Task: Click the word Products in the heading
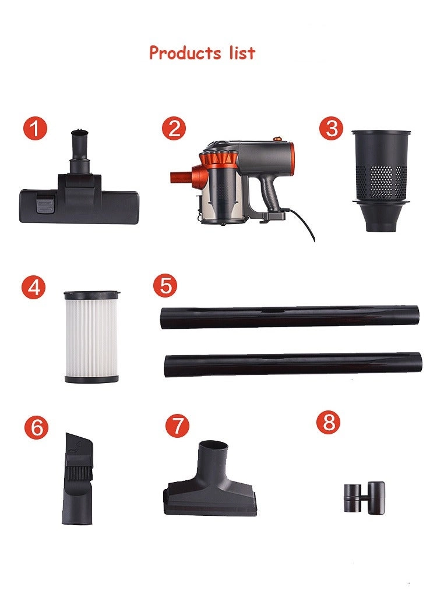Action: point(184,53)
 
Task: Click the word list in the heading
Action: point(239,52)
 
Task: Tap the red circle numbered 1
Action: point(35,129)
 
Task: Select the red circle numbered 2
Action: point(174,129)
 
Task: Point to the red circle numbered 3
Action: point(332,129)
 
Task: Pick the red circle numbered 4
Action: point(34,288)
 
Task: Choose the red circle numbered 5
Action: point(165,286)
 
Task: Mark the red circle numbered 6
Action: point(36,428)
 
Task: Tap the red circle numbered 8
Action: point(329,422)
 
